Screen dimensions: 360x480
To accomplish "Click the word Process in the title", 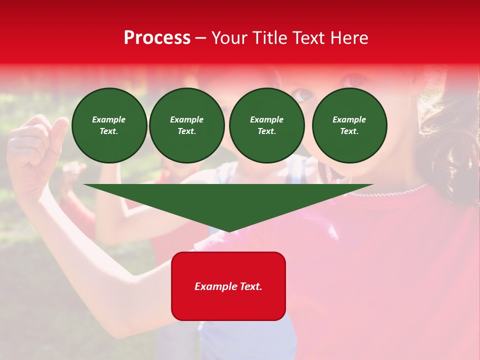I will [157, 38].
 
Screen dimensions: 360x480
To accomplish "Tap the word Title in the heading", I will [270, 38].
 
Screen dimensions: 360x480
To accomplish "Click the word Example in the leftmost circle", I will [109, 119].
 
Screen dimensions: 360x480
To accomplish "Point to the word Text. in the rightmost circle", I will [349, 131].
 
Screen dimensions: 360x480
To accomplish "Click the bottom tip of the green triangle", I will [229, 231].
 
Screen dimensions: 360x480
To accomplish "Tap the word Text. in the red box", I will [251, 286].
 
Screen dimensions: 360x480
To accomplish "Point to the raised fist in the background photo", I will [35, 150].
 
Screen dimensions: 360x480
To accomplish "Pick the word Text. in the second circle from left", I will [186, 131].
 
